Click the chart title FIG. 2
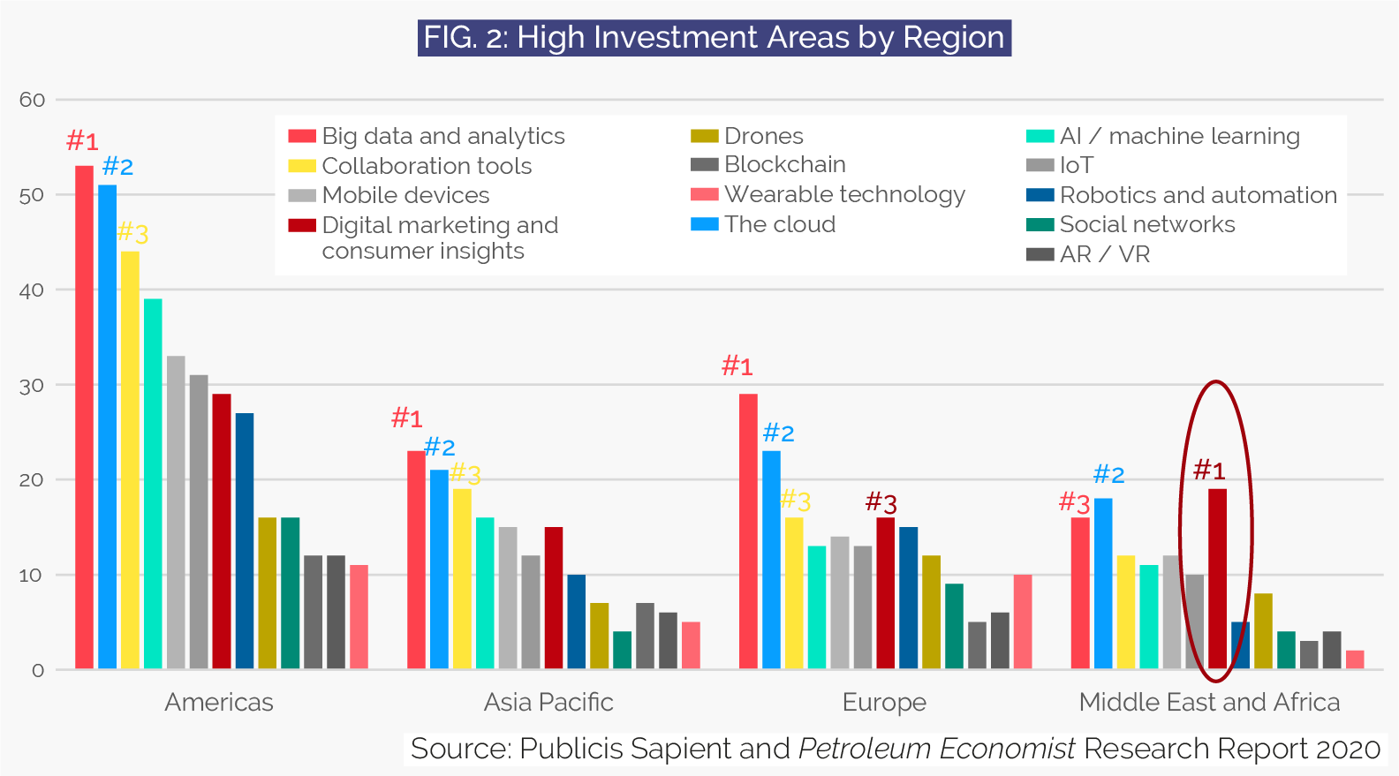pyautogui.click(x=714, y=38)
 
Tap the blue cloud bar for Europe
pyautogui.click(x=771, y=560)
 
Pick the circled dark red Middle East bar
pyautogui.click(x=1217, y=578)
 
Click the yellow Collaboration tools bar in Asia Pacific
pyautogui.click(x=462, y=578)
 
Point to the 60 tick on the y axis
pyautogui.click(x=33, y=100)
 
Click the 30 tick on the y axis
pyautogui.click(x=33, y=386)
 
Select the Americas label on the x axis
pyautogui.click(x=219, y=703)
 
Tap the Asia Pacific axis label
pyautogui.click(x=548, y=703)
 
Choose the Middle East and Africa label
pyautogui.click(x=1209, y=703)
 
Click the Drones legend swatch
pyautogui.click(x=704, y=136)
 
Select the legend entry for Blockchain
pyautogui.click(x=784, y=165)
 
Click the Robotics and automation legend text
pyautogui.click(x=1198, y=195)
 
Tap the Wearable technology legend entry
pyautogui.click(x=843, y=194)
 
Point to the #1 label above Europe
pyautogui.click(x=737, y=365)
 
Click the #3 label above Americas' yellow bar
pyautogui.click(x=132, y=233)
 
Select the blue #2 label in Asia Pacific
pyautogui.click(x=439, y=447)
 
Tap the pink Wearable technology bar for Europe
pyautogui.click(x=1023, y=622)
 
